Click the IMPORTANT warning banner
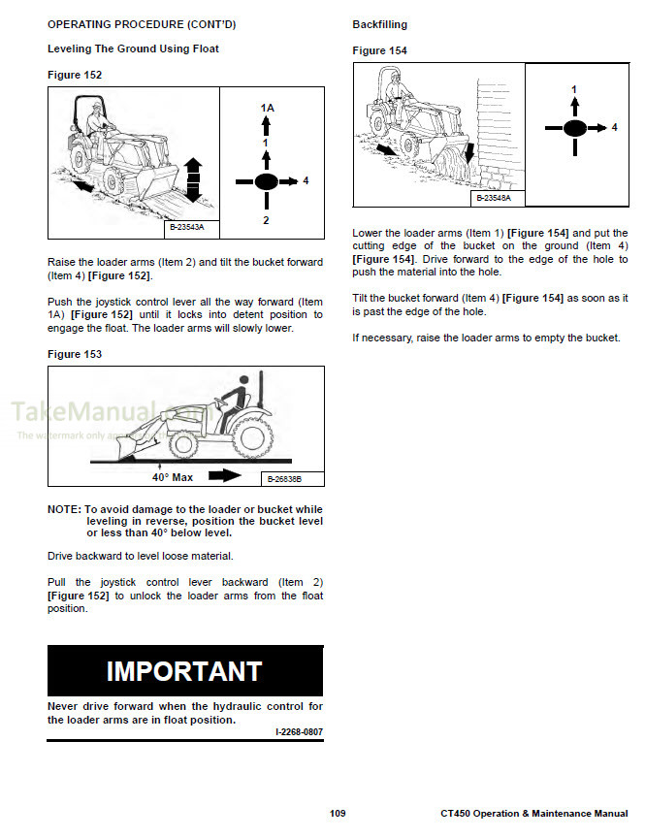(x=185, y=671)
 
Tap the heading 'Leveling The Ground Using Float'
(x=133, y=48)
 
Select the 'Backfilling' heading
(x=379, y=24)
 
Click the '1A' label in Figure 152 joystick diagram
(x=267, y=108)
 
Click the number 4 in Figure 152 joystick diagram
(x=306, y=181)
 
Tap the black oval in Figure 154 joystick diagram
(x=574, y=128)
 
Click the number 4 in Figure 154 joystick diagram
(x=614, y=128)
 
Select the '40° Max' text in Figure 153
(x=173, y=477)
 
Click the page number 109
(x=337, y=813)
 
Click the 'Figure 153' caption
(x=75, y=355)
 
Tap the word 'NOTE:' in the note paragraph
(x=65, y=509)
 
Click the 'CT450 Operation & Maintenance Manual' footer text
(x=533, y=813)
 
